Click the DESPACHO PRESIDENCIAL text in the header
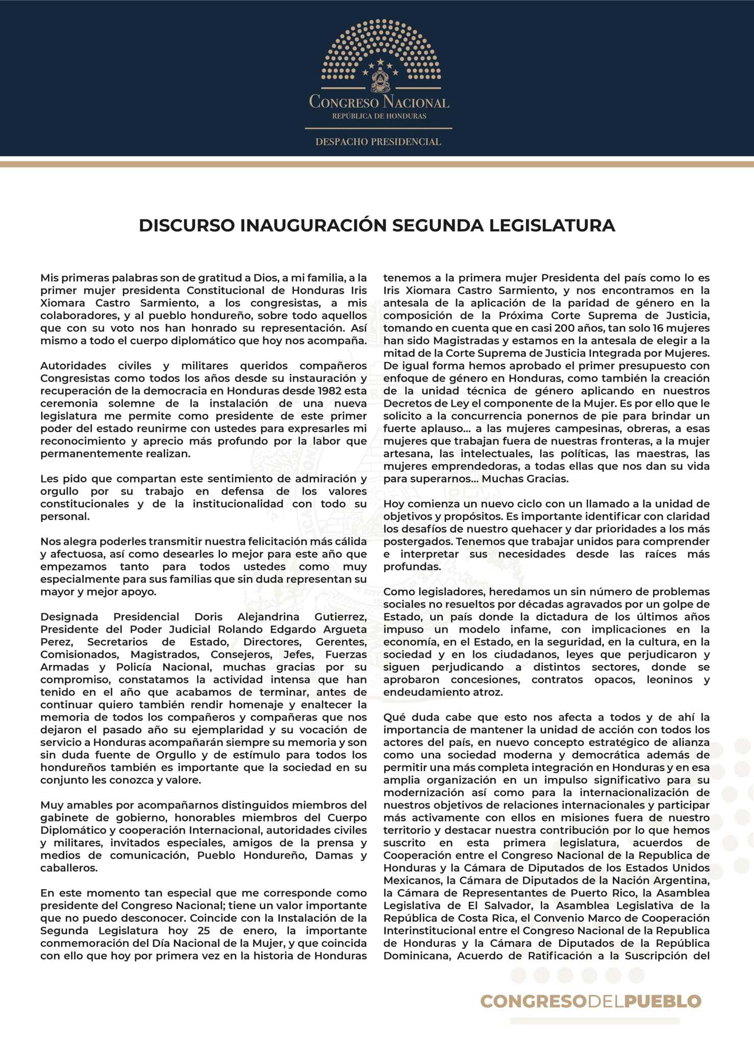378,142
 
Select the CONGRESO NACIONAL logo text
379,102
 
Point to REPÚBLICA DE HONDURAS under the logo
379,116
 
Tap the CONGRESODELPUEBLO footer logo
590,1001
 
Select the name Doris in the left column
208,617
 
